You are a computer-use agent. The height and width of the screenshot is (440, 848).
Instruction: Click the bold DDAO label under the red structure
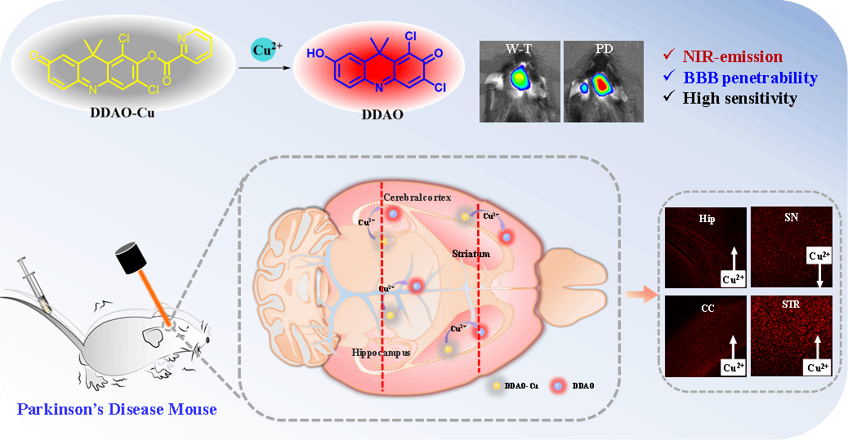[382, 115]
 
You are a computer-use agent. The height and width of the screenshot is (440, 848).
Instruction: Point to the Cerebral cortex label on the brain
[417, 198]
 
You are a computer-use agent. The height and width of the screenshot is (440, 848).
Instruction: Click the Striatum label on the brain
[471, 254]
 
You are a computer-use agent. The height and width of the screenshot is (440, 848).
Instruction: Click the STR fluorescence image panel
[791, 336]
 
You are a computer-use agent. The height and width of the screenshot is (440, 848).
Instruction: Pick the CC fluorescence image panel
[705, 336]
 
